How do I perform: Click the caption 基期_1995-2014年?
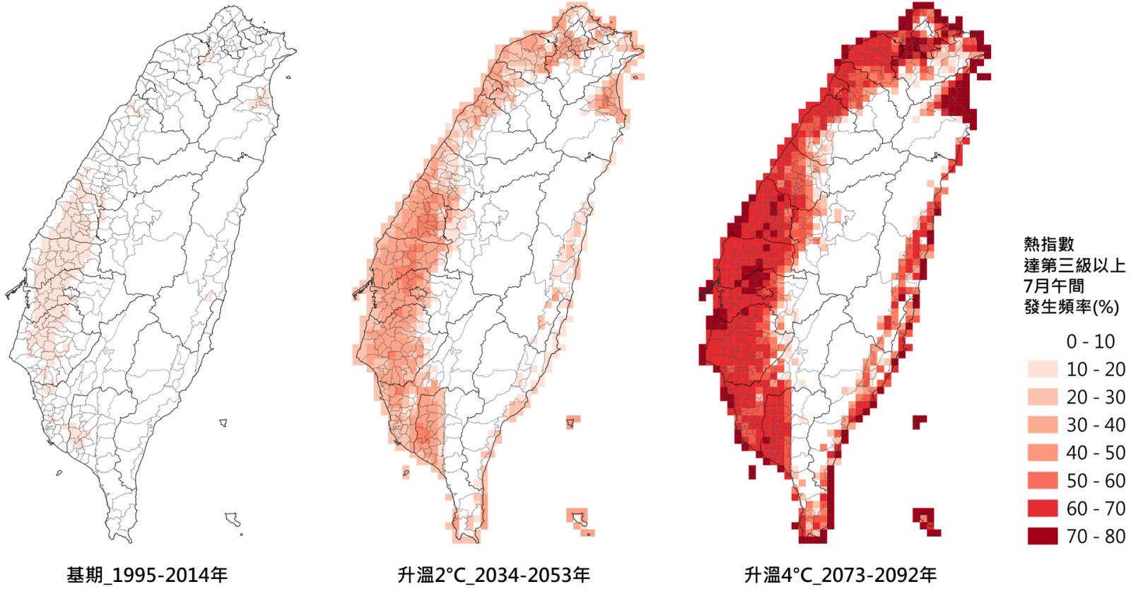[147, 575]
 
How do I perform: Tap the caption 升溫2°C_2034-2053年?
[493, 575]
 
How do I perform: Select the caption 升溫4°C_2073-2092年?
[840, 575]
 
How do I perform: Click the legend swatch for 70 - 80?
[1043, 536]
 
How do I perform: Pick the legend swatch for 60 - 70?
[1043, 508]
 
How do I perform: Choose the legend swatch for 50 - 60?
[1043, 481]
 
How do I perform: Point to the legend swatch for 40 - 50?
[1043, 453]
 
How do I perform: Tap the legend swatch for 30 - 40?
[1043, 425]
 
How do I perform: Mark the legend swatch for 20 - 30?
[1043, 397]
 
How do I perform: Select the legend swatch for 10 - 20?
[1043, 369]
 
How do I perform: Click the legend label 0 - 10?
[1090, 342]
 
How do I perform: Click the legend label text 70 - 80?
[1096, 536]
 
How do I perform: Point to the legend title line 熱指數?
[1049, 244]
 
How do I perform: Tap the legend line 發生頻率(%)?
[1071, 307]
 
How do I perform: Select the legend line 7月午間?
[1054, 286]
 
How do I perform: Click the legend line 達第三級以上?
[1074, 265]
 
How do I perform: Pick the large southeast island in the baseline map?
[233, 519]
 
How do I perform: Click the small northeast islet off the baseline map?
[289, 78]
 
